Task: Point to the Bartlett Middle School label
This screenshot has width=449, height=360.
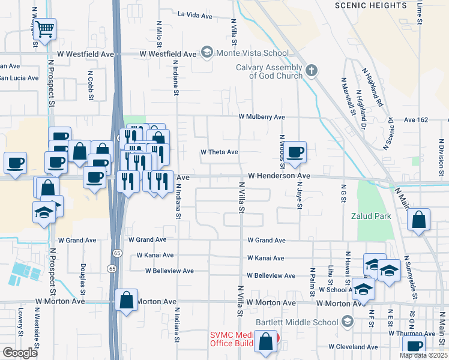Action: point(297,322)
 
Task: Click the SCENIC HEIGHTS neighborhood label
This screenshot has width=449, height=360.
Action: point(371,5)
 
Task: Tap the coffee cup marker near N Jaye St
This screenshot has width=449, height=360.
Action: point(295,152)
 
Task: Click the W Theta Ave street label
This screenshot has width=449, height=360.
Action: point(219,152)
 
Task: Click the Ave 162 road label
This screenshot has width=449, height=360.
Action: point(416,120)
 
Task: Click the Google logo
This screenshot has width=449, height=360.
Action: point(20,353)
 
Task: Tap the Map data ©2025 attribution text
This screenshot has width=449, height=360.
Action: point(424,355)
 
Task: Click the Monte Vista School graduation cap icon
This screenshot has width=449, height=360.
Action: point(207,53)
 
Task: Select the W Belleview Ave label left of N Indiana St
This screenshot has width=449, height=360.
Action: point(169,271)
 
